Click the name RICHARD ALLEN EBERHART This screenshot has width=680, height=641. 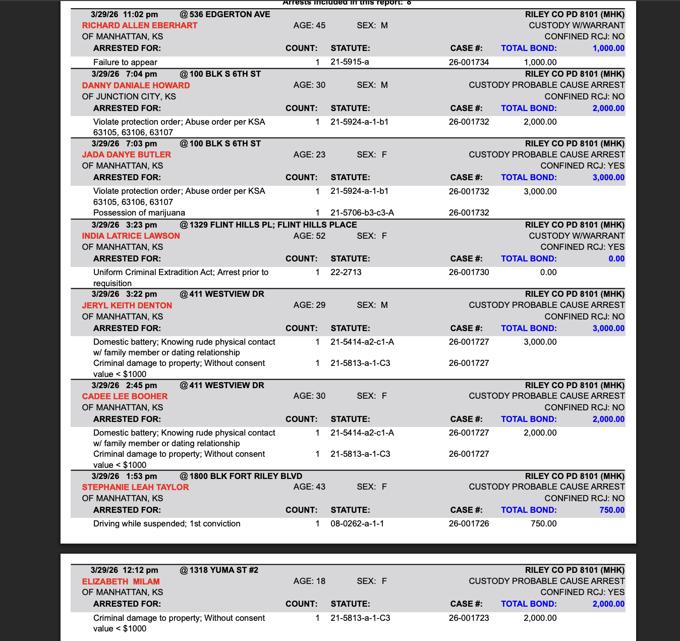140,25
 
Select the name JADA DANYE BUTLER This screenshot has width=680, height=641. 126,154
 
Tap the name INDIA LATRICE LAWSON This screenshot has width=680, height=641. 131,236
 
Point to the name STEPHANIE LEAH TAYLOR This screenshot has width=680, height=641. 135,487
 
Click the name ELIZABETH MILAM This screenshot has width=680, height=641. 121,581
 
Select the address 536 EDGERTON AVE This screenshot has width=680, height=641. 230,14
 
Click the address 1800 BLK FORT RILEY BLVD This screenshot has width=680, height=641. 246,476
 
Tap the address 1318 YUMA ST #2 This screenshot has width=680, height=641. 223,570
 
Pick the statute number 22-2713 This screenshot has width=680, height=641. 346,272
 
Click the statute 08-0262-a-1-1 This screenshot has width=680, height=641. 357,523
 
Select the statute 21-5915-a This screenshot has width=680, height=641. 350,62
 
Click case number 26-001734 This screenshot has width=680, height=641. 469,62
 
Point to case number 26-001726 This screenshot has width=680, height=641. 469,523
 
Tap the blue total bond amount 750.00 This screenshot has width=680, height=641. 611,510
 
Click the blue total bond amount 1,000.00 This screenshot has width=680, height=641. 608,48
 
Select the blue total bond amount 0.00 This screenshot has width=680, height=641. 616,258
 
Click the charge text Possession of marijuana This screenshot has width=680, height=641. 139,212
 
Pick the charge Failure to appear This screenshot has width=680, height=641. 125,62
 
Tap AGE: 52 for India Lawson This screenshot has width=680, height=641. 309,236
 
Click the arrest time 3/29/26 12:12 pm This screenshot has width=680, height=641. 124,570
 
